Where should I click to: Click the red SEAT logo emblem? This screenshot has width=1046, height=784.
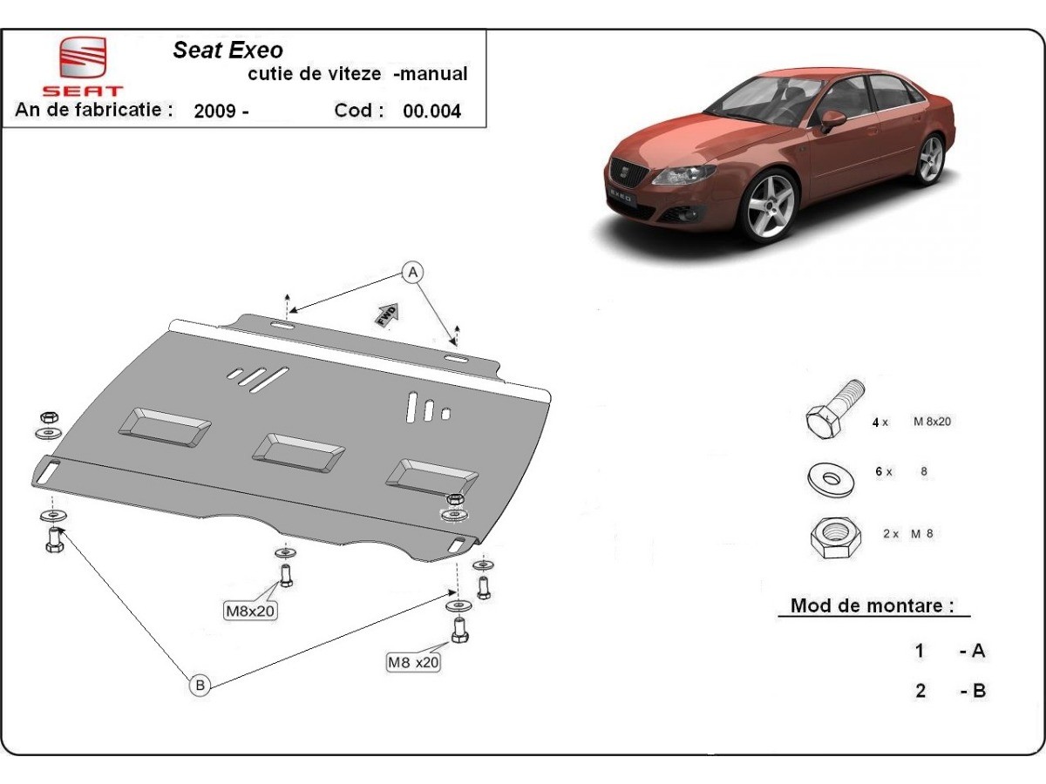[x=82, y=59]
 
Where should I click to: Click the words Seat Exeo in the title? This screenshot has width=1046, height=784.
[x=228, y=51]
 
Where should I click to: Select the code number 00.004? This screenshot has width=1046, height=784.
[x=431, y=111]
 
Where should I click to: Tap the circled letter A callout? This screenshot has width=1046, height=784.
[x=412, y=272]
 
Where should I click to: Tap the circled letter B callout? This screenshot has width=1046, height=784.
[x=200, y=686]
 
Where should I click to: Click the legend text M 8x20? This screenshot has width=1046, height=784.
[x=931, y=422]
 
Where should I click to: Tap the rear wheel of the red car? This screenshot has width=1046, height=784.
[x=930, y=159]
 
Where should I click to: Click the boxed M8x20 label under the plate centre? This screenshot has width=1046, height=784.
[x=250, y=611]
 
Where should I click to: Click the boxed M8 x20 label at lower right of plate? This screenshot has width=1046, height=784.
[x=413, y=662]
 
